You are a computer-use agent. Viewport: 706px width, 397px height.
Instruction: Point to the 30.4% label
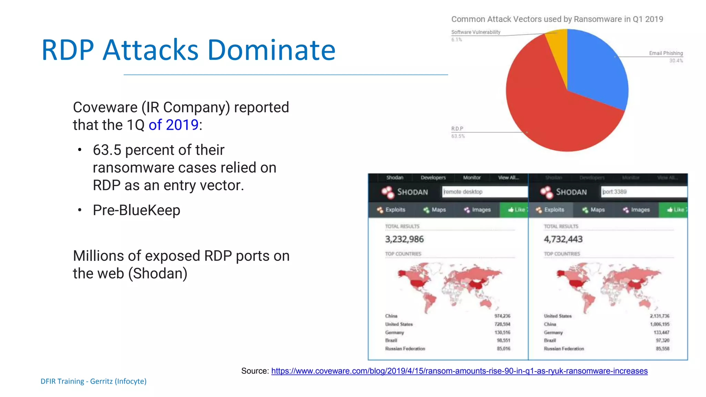(x=676, y=61)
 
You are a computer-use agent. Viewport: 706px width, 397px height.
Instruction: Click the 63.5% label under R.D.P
(x=458, y=136)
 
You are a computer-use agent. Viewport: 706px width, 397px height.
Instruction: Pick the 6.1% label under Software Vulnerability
(x=457, y=40)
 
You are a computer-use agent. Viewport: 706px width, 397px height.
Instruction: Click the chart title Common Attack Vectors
(x=557, y=19)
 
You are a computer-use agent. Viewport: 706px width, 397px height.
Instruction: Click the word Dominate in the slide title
(x=271, y=50)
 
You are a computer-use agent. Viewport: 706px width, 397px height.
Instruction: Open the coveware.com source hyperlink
(x=459, y=371)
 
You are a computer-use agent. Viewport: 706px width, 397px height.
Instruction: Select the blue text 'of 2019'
(x=173, y=125)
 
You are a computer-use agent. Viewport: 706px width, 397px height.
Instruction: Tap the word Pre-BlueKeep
(x=137, y=210)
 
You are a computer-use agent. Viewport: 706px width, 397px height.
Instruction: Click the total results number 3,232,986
(x=404, y=239)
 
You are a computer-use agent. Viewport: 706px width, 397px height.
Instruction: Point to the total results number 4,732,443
(x=563, y=239)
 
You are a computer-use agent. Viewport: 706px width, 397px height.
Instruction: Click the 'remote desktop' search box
(x=484, y=192)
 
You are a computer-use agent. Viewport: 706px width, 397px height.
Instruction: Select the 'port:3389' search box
(x=643, y=192)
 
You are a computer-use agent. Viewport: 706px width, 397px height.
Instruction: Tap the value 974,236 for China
(x=502, y=316)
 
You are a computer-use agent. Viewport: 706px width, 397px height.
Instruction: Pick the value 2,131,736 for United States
(x=659, y=316)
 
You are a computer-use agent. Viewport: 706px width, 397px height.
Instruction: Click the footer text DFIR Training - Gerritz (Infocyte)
(x=93, y=381)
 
